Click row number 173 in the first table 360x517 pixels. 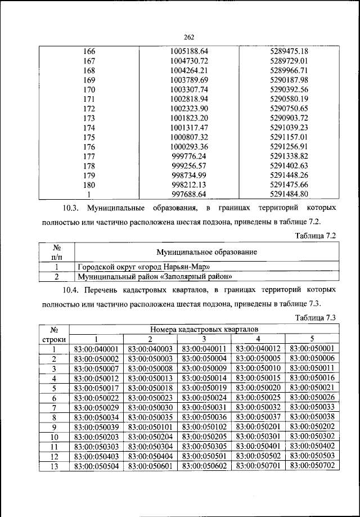click(89, 118)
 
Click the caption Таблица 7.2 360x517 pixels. click(315, 236)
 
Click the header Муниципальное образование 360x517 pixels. click(207, 253)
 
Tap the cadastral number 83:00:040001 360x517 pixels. click(96, 349)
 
